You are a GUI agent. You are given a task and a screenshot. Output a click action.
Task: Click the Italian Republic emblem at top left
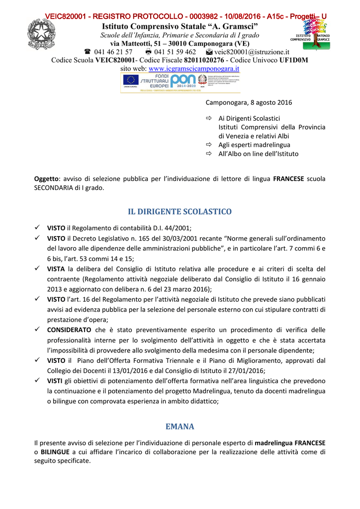pyautogui.click(x=41, y=34)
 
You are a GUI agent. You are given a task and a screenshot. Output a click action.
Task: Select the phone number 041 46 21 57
pyautogui.click(x=113, y=52)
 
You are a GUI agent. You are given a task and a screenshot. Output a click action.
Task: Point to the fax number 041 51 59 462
pyautogui.click(x=175, y=52)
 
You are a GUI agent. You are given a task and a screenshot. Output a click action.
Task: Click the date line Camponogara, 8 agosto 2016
pyautogui.click(x=249, y=102)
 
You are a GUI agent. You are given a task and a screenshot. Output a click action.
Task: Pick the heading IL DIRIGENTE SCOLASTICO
pyautogui.click(x=180, y=212)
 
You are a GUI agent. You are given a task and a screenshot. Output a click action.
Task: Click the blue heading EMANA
pyautogui.click(x=180, y=426)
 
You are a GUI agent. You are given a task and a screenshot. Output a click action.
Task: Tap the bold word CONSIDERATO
pyautogui.click(x=69, y=330)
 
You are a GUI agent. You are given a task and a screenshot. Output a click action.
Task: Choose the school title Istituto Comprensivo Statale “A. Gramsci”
pyautogui.click(x=180, y=26)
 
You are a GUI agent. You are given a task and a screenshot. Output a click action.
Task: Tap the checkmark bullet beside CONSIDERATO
pyautogui.click(x=37, y=330)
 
